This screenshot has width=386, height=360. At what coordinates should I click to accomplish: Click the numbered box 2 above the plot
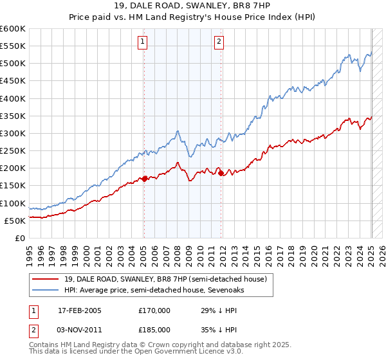pyautogui.click(x=219, y=42)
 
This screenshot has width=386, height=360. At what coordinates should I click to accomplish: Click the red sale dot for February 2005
pyautogui.click(x=144, y=178)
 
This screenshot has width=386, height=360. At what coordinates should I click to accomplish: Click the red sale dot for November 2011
pyautogui.click(x=221, y=173)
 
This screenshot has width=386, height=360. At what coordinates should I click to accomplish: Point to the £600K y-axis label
pyautogui.click(x=13, y=29)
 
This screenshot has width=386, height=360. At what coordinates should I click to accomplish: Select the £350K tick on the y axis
pyautogui.click(x=13, y=116)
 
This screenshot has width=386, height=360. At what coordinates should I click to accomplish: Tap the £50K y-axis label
pyautogui.click(x=15, y=221)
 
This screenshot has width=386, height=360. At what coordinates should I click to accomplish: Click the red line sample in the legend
pyautogui.click(x=46, y=279)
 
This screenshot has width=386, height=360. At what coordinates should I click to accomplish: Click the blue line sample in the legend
pyautogui.click(x=46, y=290)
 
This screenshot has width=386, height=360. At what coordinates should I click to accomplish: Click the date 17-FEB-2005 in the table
pyautogui.click(x=80, y=310)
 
